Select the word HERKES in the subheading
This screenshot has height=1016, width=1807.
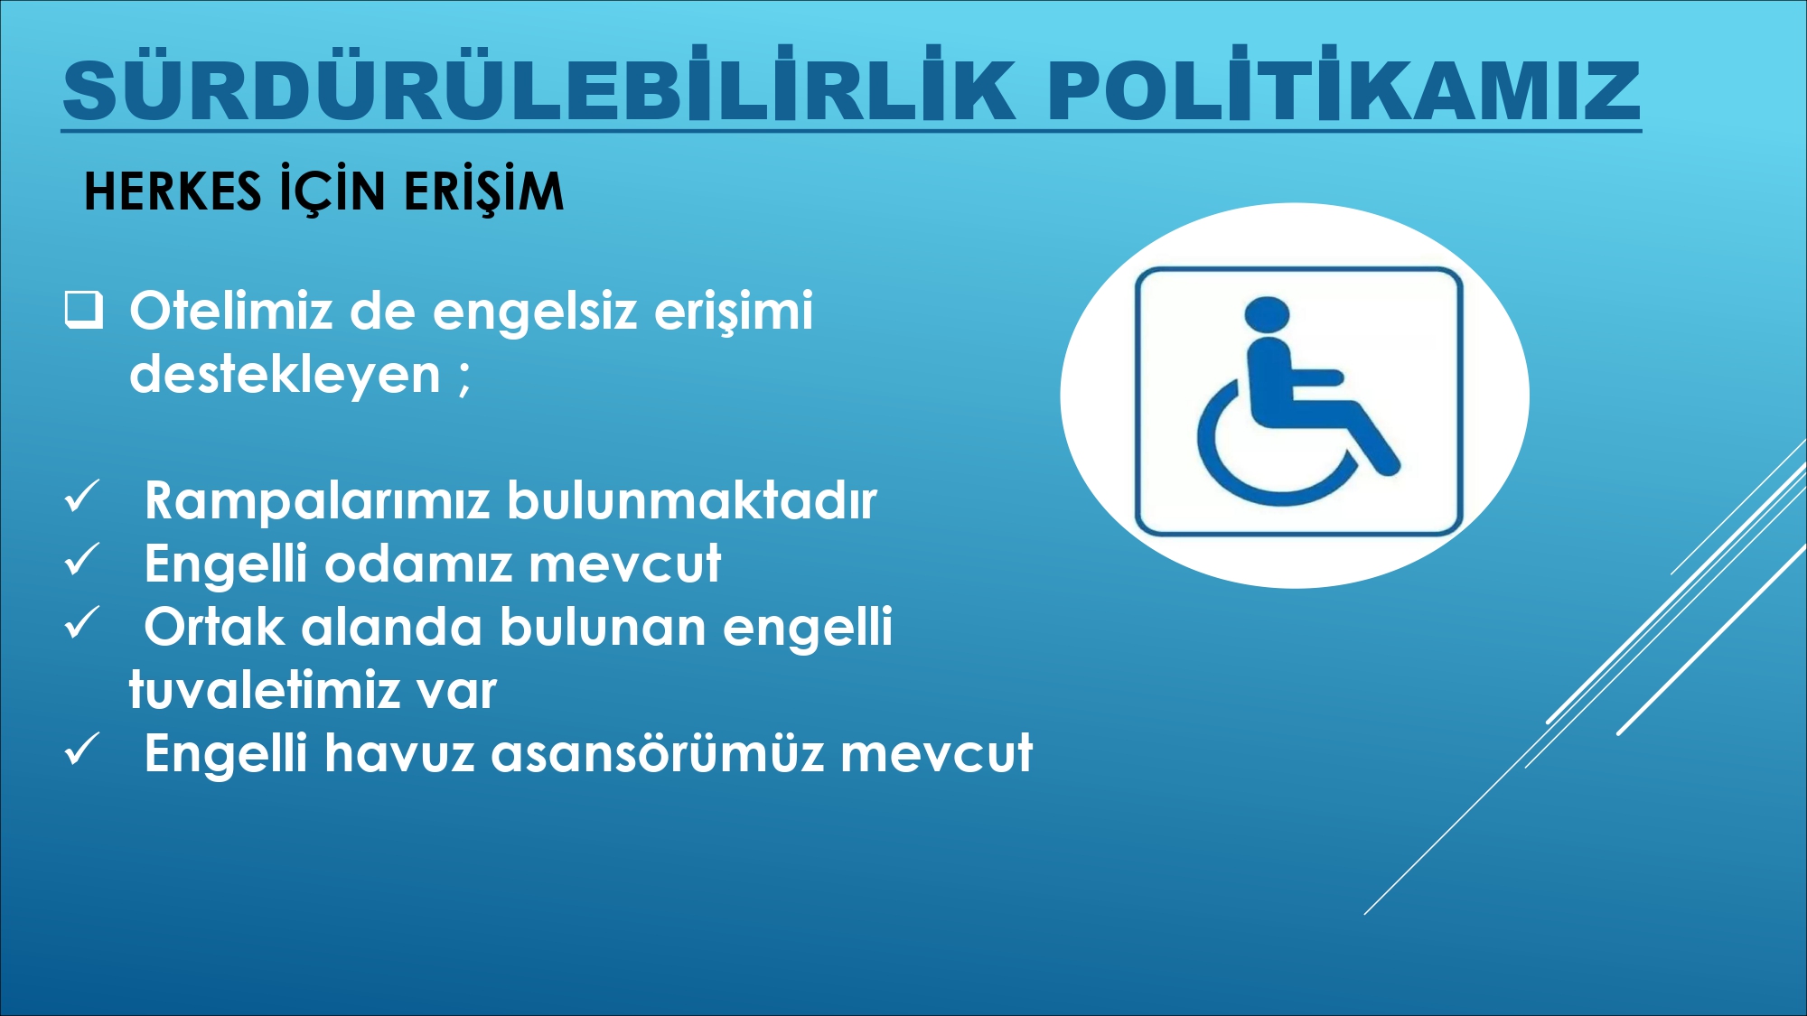173,191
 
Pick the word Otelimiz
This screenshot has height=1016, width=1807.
231,311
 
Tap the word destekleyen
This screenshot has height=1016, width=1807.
285,374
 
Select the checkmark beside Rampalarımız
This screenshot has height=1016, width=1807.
82,498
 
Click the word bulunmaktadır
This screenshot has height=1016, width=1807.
692,499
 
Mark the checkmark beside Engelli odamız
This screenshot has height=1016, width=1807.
82,561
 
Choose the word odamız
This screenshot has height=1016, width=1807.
418,564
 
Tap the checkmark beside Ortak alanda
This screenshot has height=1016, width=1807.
82,624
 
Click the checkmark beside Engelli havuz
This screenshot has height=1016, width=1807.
82,750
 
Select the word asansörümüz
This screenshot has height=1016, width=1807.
658,753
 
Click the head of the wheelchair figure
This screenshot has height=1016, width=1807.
1267,313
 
